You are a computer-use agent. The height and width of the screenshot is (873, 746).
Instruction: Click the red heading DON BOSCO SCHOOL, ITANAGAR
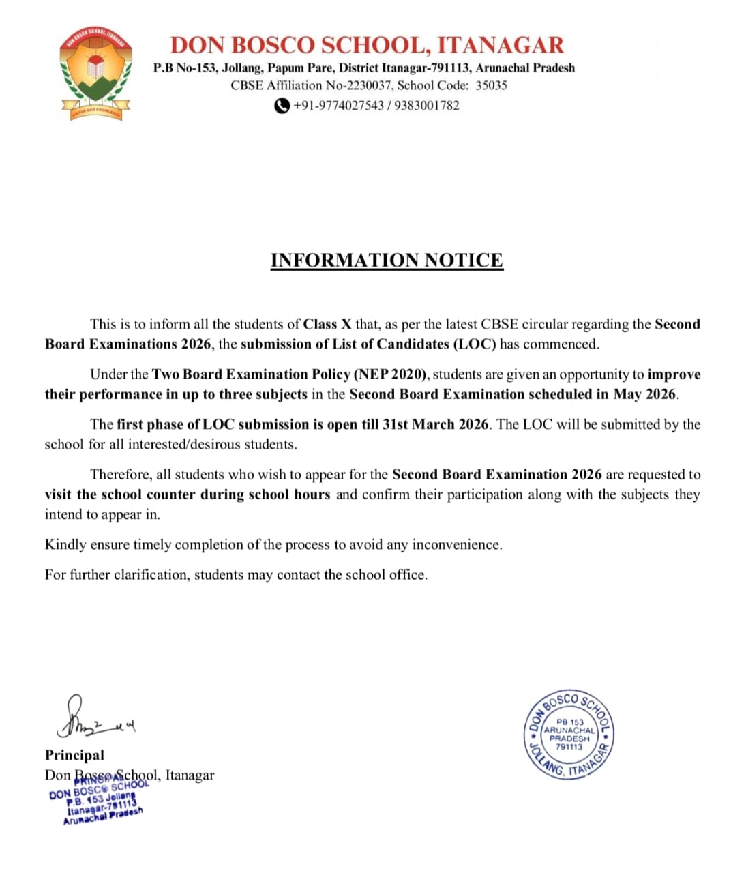click(367, 45)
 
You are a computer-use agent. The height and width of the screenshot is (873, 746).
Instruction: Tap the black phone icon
click(282, 106)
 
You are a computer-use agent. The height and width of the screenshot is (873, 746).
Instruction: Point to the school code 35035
click(491, 85)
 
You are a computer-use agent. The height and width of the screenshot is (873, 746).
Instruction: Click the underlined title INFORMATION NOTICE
click(387, 261)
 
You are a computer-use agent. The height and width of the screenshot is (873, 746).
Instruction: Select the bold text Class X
click(327, 324)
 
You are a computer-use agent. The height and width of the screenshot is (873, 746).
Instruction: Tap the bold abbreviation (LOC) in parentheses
click(475, 344)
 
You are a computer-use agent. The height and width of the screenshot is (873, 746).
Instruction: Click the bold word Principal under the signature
click(74, 755)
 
